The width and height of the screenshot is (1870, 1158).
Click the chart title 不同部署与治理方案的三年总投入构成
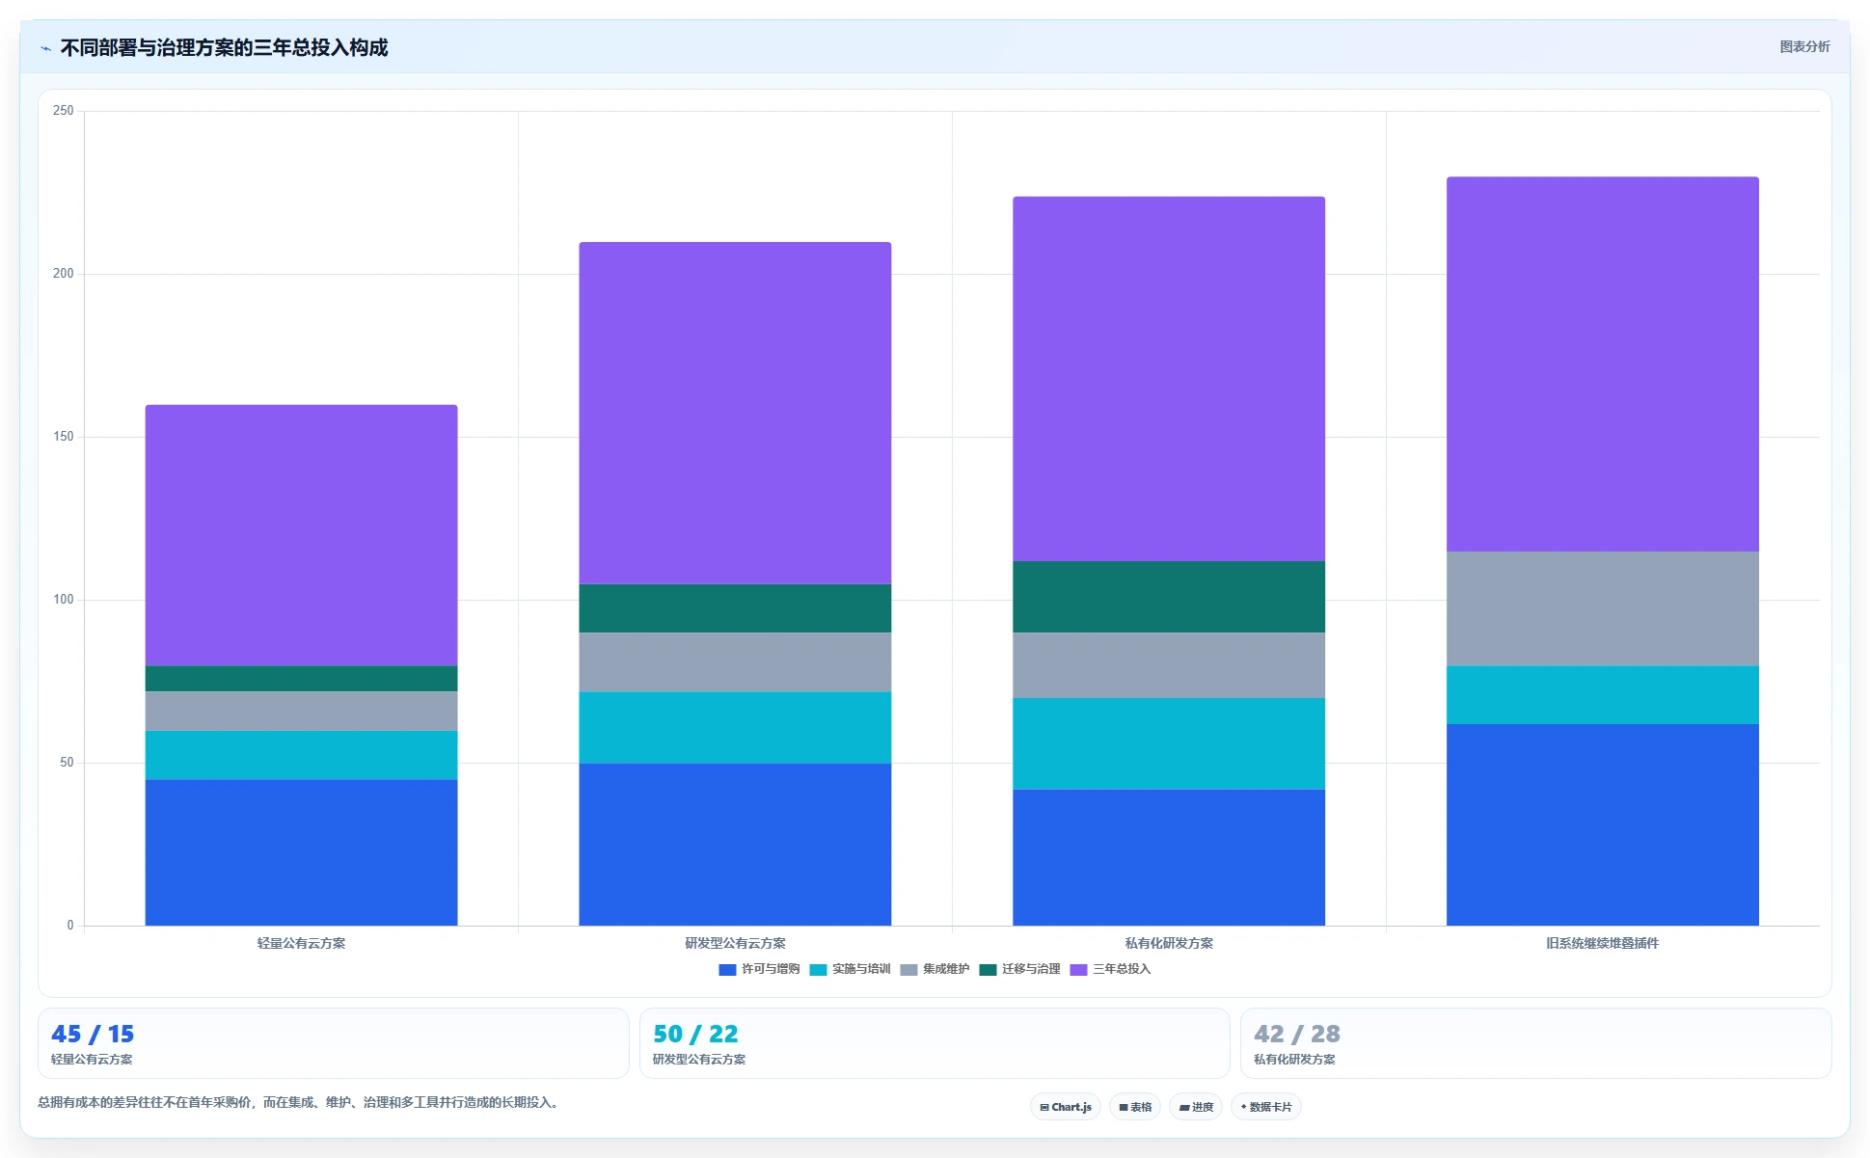click(x=224, y=47)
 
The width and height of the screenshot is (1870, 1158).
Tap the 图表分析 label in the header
click(x=1804, y=46)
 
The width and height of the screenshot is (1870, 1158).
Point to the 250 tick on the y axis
click(x=64, y=111)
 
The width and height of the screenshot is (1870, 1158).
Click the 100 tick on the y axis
click(x=64, y=600)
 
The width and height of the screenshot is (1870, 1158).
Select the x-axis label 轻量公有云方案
click(x=301, y=943)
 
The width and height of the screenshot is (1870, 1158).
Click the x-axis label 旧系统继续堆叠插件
click(x=1602, y=943)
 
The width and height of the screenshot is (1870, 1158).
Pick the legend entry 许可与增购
click(x=759, y=969)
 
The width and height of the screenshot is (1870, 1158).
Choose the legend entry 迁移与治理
click(x=1019, y=969)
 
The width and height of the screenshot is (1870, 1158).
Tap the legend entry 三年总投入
click(x=1110, y=969)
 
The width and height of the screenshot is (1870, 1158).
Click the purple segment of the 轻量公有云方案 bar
click(x=301, y=535)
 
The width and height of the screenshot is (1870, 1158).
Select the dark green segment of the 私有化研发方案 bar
click(x=1169, y=597)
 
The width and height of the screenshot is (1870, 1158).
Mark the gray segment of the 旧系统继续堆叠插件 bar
click(x=1603, y=608)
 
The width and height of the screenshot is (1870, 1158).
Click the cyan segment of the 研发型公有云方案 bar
click(x=735, y=728)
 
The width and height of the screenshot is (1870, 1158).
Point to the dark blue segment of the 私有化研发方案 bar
click(x=1169, y=857)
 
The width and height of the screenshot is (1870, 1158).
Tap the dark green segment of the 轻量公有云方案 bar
click(x=301, y=679)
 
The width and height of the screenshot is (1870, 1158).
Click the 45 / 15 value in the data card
click(x=93, y=1034)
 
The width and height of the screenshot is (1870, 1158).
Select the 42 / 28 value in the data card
click(x=1297, y=1034)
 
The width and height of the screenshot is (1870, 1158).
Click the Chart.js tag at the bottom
click(x=1066, y=1107)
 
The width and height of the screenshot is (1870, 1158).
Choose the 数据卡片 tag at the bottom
click(x=1265, y=1107)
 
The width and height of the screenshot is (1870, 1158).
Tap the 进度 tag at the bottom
click(x=1196, y=1107)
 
